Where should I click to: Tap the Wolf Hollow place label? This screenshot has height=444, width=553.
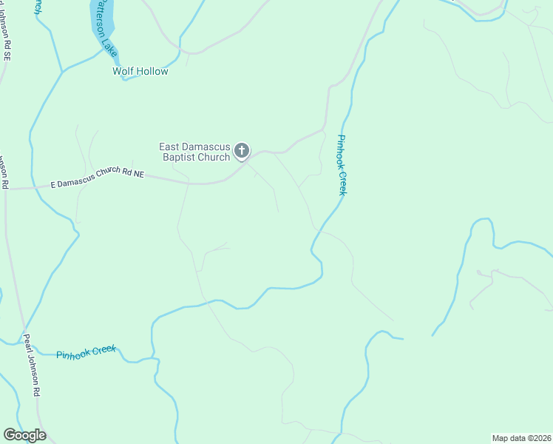(x=140, y=71)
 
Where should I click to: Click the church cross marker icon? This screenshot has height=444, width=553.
(x=242, y=152)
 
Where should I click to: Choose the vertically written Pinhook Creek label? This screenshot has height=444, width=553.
(x=342, y=165)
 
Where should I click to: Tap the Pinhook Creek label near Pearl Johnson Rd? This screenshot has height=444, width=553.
(x=87, y=354)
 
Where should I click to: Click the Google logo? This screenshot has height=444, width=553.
(x=24, y=435)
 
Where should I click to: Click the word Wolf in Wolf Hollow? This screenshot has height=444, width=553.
(x=122, y=71)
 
